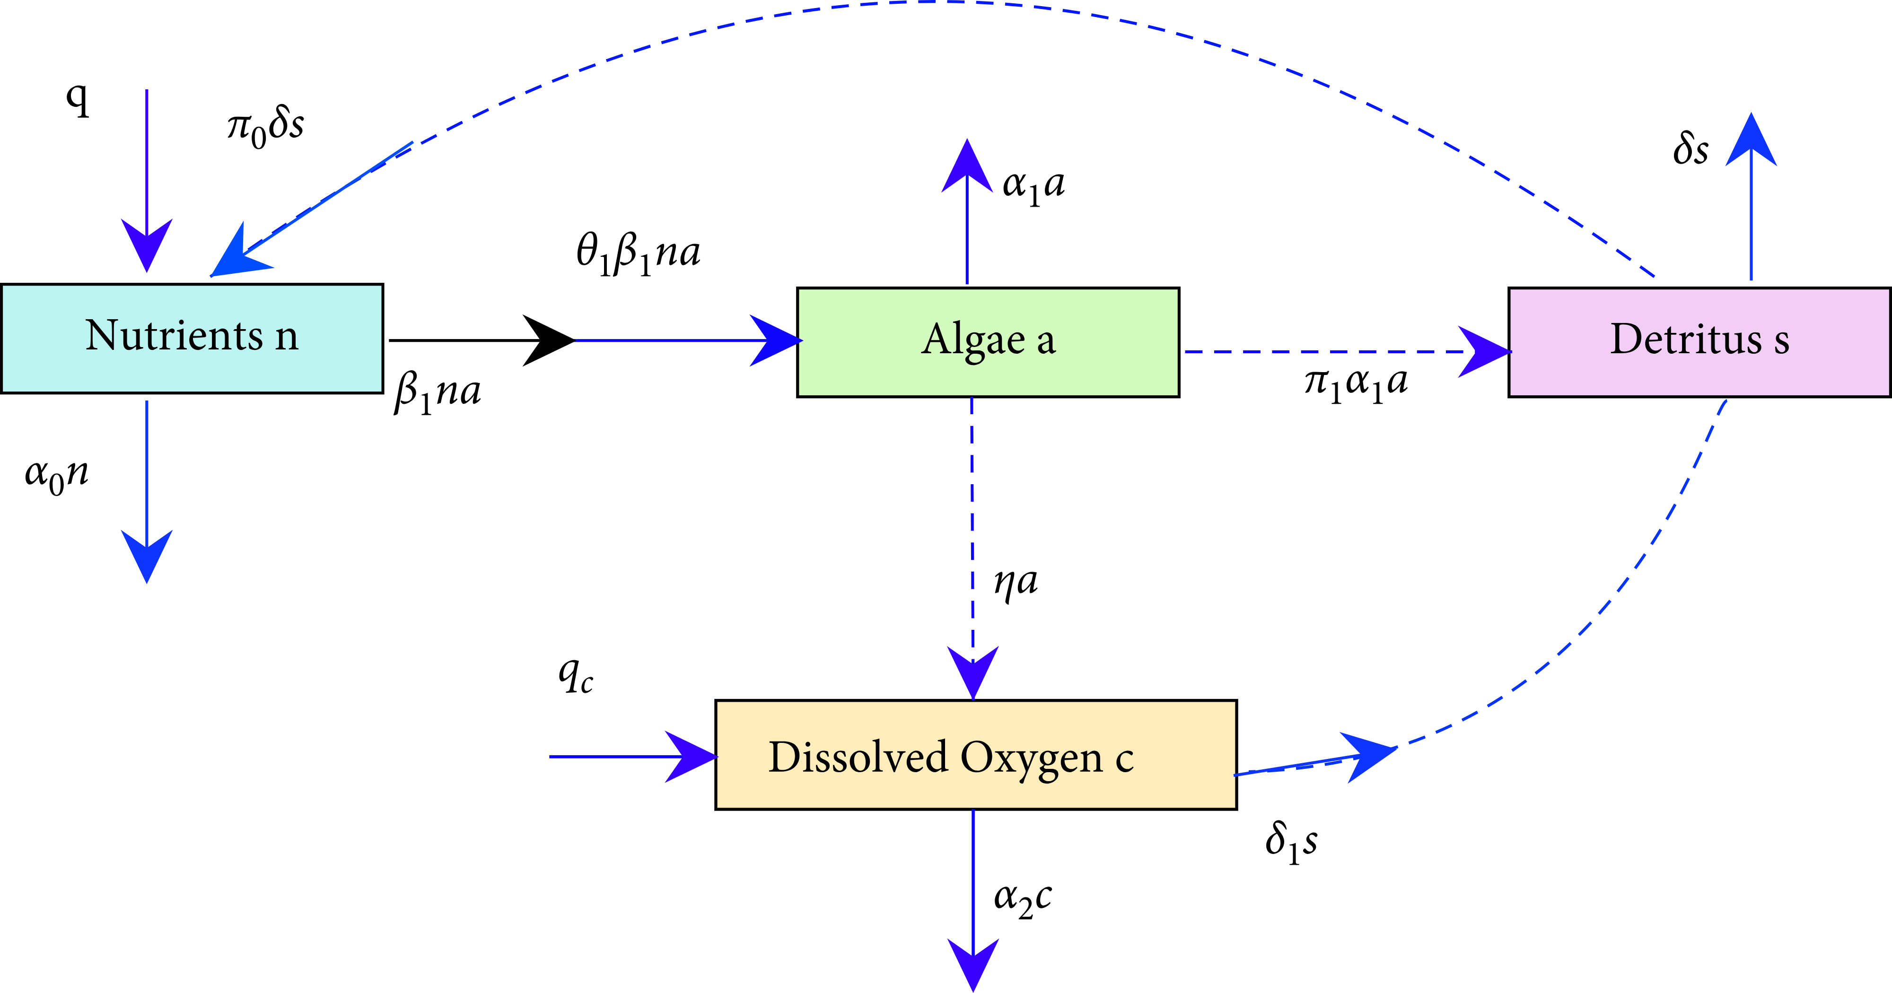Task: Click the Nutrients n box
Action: click(192, 338)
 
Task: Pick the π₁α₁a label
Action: click(1356, 383)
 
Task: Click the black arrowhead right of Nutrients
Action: click(547, 340)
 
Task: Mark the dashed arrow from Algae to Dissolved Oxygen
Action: click(972, 529)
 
